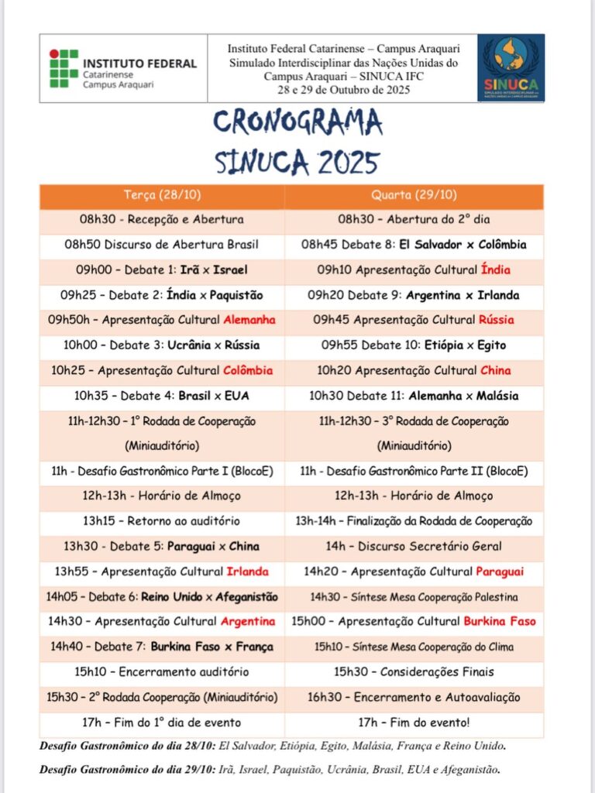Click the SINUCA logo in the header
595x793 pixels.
511,68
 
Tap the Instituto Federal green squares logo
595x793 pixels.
64,68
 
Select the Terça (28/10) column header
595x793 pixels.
162,194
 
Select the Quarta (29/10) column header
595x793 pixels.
414,194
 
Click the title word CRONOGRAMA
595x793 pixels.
297,122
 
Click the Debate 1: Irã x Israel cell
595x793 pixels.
162,269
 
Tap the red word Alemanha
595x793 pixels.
249,320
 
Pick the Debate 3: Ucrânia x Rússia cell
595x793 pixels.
162,345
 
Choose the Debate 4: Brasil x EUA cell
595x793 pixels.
162,396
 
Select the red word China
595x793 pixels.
495,370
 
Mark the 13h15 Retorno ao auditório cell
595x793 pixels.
162,521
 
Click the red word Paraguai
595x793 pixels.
499,572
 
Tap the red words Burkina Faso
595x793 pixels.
499,621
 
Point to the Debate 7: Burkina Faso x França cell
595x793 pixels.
162,647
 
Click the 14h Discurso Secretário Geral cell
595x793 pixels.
414,546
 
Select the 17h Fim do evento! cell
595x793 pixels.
414,723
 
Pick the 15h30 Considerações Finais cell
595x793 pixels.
414,671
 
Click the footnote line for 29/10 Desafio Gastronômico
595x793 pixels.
270,770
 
